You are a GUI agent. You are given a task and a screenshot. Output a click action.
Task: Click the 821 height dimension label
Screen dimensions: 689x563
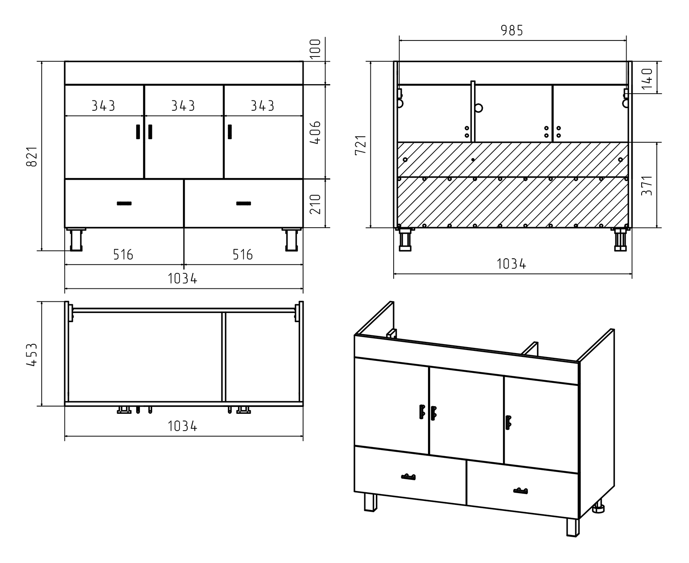32,156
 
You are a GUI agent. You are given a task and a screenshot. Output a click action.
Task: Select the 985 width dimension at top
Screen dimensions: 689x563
512,31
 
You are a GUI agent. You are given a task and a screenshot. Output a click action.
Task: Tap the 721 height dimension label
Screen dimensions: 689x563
361,144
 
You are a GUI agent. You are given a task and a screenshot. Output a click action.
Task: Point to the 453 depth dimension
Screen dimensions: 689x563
32,355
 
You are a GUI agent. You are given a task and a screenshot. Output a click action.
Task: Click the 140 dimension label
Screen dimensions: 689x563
647,78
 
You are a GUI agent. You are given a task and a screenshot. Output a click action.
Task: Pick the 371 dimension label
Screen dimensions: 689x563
647,186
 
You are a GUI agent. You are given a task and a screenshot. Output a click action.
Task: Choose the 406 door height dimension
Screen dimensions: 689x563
315,132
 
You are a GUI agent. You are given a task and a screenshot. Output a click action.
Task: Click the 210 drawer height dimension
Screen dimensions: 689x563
315,204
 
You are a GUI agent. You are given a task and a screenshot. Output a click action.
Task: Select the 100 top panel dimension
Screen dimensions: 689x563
315,49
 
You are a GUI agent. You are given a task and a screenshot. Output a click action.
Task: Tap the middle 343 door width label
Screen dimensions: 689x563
183,106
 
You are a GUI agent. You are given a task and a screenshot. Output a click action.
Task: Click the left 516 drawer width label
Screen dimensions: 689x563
123,254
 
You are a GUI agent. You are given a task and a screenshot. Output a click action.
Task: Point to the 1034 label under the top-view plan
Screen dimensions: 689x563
183,426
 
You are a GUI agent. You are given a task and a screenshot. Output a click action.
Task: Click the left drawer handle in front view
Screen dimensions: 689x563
124,203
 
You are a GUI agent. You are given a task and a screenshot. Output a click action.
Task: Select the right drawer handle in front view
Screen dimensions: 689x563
244,203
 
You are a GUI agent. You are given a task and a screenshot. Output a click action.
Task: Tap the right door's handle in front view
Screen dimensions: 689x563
230,132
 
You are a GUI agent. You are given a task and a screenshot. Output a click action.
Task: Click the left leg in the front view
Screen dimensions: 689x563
76,240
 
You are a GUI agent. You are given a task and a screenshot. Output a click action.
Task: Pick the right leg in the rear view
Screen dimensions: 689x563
621,240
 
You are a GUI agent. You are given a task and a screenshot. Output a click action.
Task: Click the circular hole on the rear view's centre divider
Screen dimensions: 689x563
478,108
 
